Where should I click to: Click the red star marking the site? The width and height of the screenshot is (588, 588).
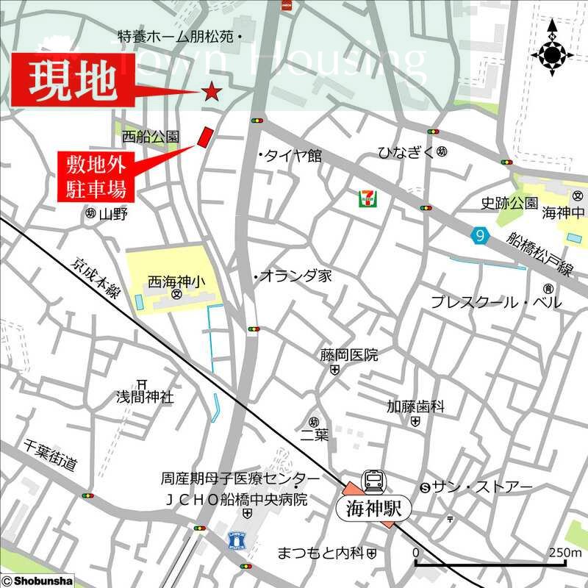pyautogui.click(x=212, y=91)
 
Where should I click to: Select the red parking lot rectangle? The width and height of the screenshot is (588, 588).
pyautogui.click(x=205, y=136)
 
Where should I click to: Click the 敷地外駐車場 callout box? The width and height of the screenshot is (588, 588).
pyautogui.click(x=93, y=176)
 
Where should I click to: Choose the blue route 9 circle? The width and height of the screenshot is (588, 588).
pyautogui.click(x=480, y=235)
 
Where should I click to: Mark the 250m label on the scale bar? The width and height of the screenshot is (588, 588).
pyautogui.click(x=566, y=553)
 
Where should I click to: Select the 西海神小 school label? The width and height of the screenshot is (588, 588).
pyautogui.click(x=177, y=281)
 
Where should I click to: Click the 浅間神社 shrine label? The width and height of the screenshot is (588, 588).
pyautogui.click(x=144, y=397)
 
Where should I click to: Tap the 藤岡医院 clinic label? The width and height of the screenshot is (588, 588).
pyautogui.click(x=348, y=356)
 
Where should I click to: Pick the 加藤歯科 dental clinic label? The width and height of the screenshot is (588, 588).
pyautogui.click(x=416, y=406)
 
